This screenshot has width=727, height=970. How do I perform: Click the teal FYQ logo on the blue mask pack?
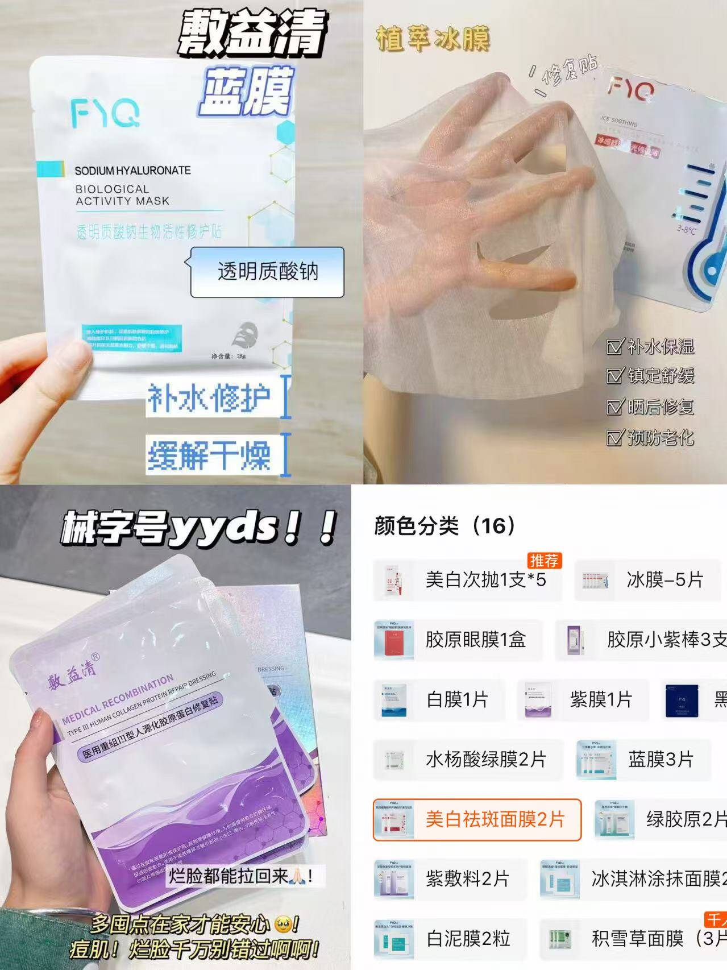[x=105, y=113]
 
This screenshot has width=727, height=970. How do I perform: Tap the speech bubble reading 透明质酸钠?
[x=267, y=272]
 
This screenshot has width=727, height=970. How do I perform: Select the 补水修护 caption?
[x=209, y=397]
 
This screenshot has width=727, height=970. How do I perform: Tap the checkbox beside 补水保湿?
[x=614, y=346]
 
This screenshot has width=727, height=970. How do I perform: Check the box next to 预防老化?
[x=614, y=438]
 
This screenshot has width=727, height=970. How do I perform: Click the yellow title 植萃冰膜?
[x=432, y=39]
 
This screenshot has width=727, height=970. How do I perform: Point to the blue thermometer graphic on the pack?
[x=702, y=227]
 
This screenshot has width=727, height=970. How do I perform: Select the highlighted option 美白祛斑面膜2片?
[x=477, y=819]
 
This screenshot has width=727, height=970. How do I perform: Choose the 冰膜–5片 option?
[x=647, y=580]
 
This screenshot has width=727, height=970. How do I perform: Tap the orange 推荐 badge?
[x=544, y=561]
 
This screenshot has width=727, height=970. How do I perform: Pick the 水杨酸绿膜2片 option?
[x=468, y=759]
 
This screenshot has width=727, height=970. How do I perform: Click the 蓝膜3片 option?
[x=643, y=759]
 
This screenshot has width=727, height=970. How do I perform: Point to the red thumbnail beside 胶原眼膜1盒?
[x=394, y=640]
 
